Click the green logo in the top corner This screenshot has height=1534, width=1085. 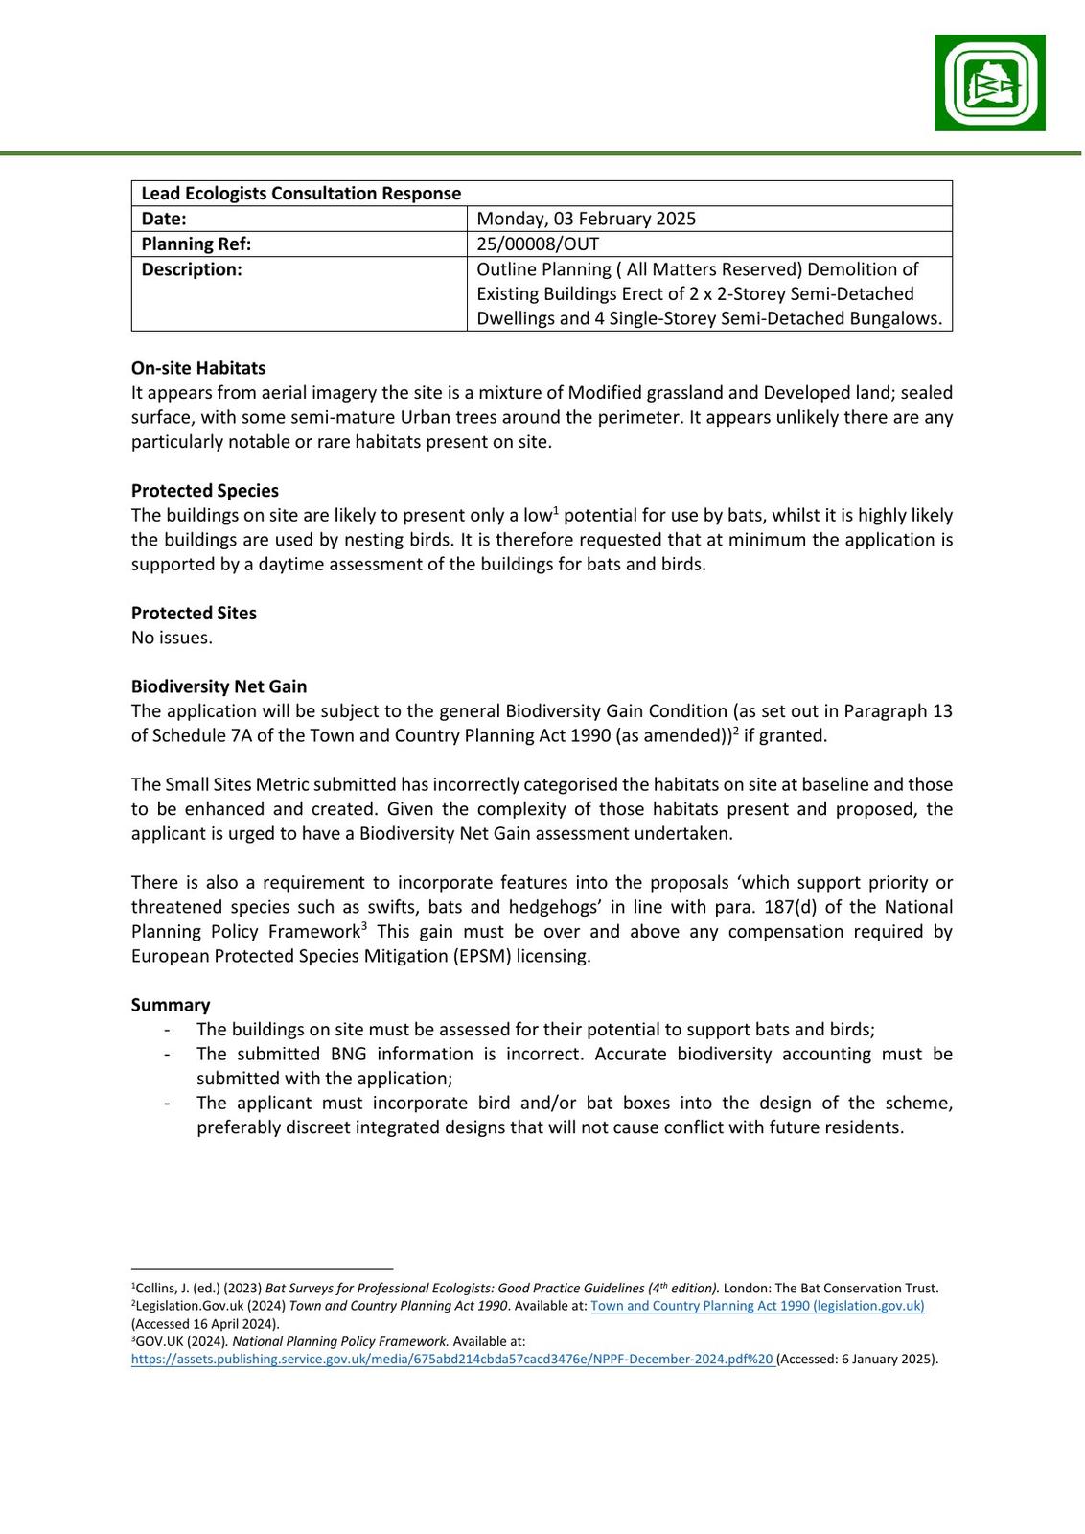(x=990, y=82)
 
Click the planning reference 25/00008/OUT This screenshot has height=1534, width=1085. (x=538, y=244)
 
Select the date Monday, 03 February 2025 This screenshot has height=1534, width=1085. (x=586, y=219)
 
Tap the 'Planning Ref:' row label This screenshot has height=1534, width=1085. (x=196, y=244)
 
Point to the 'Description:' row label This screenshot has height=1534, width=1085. (x=192, y=269)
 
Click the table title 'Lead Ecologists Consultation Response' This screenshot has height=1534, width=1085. (x=301, y=194)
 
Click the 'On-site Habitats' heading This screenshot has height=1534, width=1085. (x=198, y=368)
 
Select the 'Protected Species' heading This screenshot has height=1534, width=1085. (x=205, y=491)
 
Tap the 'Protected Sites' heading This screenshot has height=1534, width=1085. (x=194, y=614)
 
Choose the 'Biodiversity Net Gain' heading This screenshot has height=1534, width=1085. (x=219, y=686)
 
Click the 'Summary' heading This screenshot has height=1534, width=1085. (x=171, y=1005)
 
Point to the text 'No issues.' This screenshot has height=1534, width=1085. (x=172, y=638)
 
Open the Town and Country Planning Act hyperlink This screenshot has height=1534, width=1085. (x=757, y=1306)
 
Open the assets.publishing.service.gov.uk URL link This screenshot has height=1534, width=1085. (x=451, y=1359)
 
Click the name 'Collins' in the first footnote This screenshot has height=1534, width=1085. (x=156, y=1289)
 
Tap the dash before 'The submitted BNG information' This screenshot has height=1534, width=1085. (x=169, y=1055)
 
